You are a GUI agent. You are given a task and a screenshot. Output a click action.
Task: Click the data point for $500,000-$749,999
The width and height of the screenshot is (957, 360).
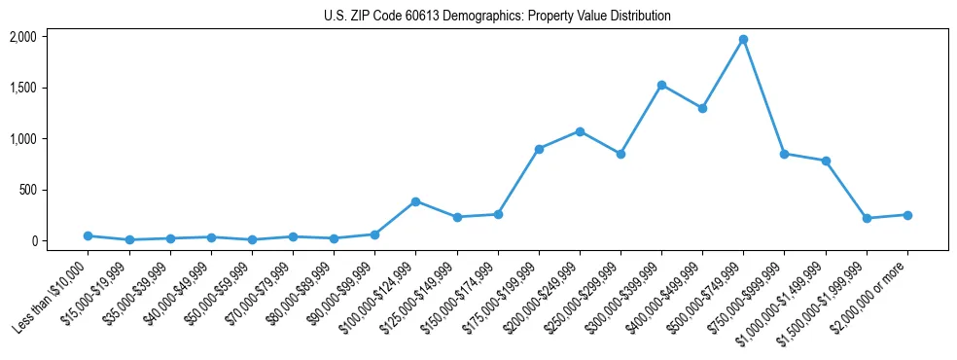(x=743, y=40)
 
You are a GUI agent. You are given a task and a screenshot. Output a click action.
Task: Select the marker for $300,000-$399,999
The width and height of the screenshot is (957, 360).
(x=661, y=86)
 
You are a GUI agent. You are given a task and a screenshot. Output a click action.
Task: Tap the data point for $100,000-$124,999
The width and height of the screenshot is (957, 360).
(x=415, y=201)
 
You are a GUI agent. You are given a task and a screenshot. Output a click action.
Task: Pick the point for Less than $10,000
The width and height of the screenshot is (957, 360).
(x=89, y=235)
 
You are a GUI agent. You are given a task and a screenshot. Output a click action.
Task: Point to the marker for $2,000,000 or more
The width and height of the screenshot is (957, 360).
(x=906, y=215)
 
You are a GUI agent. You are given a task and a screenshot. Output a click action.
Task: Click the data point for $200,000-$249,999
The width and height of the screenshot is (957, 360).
(x=580, y=131)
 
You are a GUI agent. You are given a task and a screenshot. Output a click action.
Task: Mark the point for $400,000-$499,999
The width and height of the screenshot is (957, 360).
(x=702, y=108)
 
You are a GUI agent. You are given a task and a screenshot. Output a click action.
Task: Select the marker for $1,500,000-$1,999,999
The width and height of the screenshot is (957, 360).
(x=866, y=218)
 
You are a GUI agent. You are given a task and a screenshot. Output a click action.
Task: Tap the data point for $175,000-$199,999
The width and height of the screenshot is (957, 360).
(x=539, y=149)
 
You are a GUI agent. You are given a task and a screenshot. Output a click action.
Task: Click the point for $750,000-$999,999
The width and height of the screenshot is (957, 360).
(x=784, y=154)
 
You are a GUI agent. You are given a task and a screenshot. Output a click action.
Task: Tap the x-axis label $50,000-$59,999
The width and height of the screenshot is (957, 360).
(x=215, y=296)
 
